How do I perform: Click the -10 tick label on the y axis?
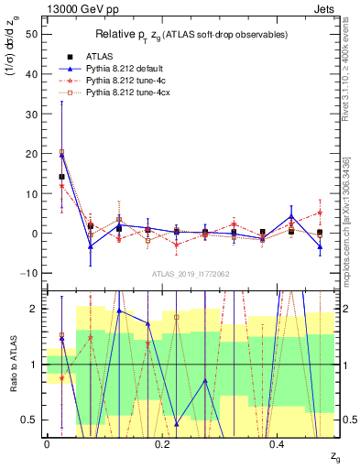point(27,273)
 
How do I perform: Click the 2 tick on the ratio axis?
point(33,309)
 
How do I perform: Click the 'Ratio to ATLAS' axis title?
point(12,365)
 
